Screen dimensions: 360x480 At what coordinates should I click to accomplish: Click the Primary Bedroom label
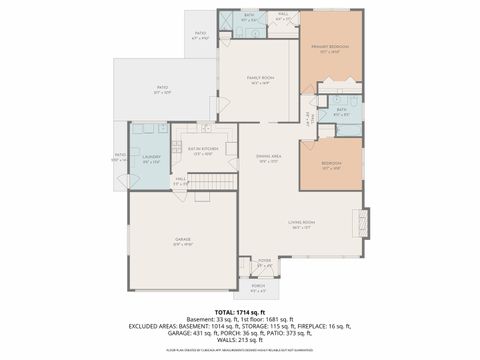coord(331,48)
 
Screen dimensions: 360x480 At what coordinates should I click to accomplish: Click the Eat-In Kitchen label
coord(203,152)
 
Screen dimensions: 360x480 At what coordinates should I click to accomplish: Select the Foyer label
coord(265,264)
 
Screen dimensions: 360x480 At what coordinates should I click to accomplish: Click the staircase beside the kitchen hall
coord(212,181)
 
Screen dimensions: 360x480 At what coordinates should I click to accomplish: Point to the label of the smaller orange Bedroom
coord(332,165)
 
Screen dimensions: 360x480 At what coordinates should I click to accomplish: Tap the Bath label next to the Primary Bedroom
coord(341,112)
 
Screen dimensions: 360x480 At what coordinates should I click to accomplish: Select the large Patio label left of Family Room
coord(162,90)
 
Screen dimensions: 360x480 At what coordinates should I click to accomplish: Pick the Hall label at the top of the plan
coord(284,17)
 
